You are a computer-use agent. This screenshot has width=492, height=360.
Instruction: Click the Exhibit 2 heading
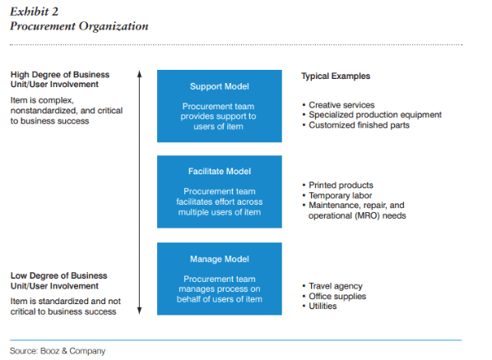click(x=35, y=12)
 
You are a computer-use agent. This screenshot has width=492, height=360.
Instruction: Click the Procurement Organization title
click(x=79, y=26)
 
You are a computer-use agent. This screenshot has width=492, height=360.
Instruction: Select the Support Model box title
click(x=220, y=86)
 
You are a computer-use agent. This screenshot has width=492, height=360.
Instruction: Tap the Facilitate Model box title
click(x=220, y=171)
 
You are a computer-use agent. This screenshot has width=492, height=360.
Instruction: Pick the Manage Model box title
click(x=220, y=259)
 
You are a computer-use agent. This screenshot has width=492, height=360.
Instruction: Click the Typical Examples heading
click(x=336, y=76)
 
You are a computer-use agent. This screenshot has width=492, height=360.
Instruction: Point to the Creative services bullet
click(x=339, y=104)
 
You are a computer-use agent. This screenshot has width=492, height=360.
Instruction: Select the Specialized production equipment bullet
click(x=372, y=115)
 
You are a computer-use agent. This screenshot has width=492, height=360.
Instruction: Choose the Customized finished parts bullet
click(x=355, y=125)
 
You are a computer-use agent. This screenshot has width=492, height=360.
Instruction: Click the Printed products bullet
click(x=337, y=185)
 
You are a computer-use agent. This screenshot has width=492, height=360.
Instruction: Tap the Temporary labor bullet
click(x=337, y=196)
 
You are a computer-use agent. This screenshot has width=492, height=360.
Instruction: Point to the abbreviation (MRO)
click(x=365, y=215)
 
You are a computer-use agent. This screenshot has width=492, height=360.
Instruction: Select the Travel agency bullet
click(x=332, y=286)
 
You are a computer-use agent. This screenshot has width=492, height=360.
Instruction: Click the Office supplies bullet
click(x=334, y=297)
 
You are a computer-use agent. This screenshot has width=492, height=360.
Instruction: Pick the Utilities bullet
click(x=319, y=306)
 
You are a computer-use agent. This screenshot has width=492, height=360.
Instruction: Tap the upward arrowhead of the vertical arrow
click(x=140, y=73)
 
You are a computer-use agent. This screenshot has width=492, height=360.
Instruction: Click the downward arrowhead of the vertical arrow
click(x=140, y=311)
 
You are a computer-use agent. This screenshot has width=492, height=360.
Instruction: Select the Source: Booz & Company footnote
click(x=58, y=351)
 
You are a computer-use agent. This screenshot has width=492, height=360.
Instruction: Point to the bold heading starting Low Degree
click(x=59, y=280)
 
